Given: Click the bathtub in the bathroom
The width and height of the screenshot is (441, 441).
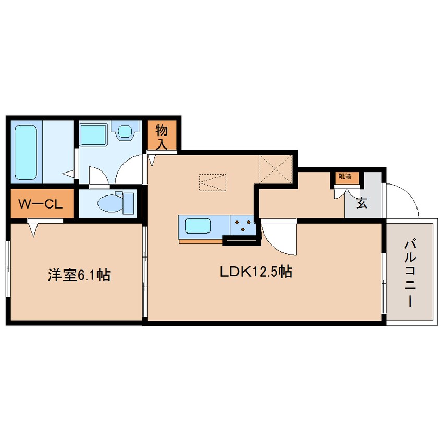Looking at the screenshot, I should tap(26, 152).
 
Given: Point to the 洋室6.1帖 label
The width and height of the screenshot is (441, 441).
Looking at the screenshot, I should tap(79, 275).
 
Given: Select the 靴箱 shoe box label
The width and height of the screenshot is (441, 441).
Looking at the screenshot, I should tap(345, 177).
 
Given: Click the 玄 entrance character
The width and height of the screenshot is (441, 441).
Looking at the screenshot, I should tap(361, 203).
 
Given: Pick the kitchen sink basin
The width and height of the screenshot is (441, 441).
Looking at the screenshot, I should tap(196, 226).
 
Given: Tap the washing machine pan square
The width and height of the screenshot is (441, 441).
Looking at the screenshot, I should tap(94, 134).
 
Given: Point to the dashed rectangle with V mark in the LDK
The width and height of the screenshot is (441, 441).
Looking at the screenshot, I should tap(213, 182).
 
